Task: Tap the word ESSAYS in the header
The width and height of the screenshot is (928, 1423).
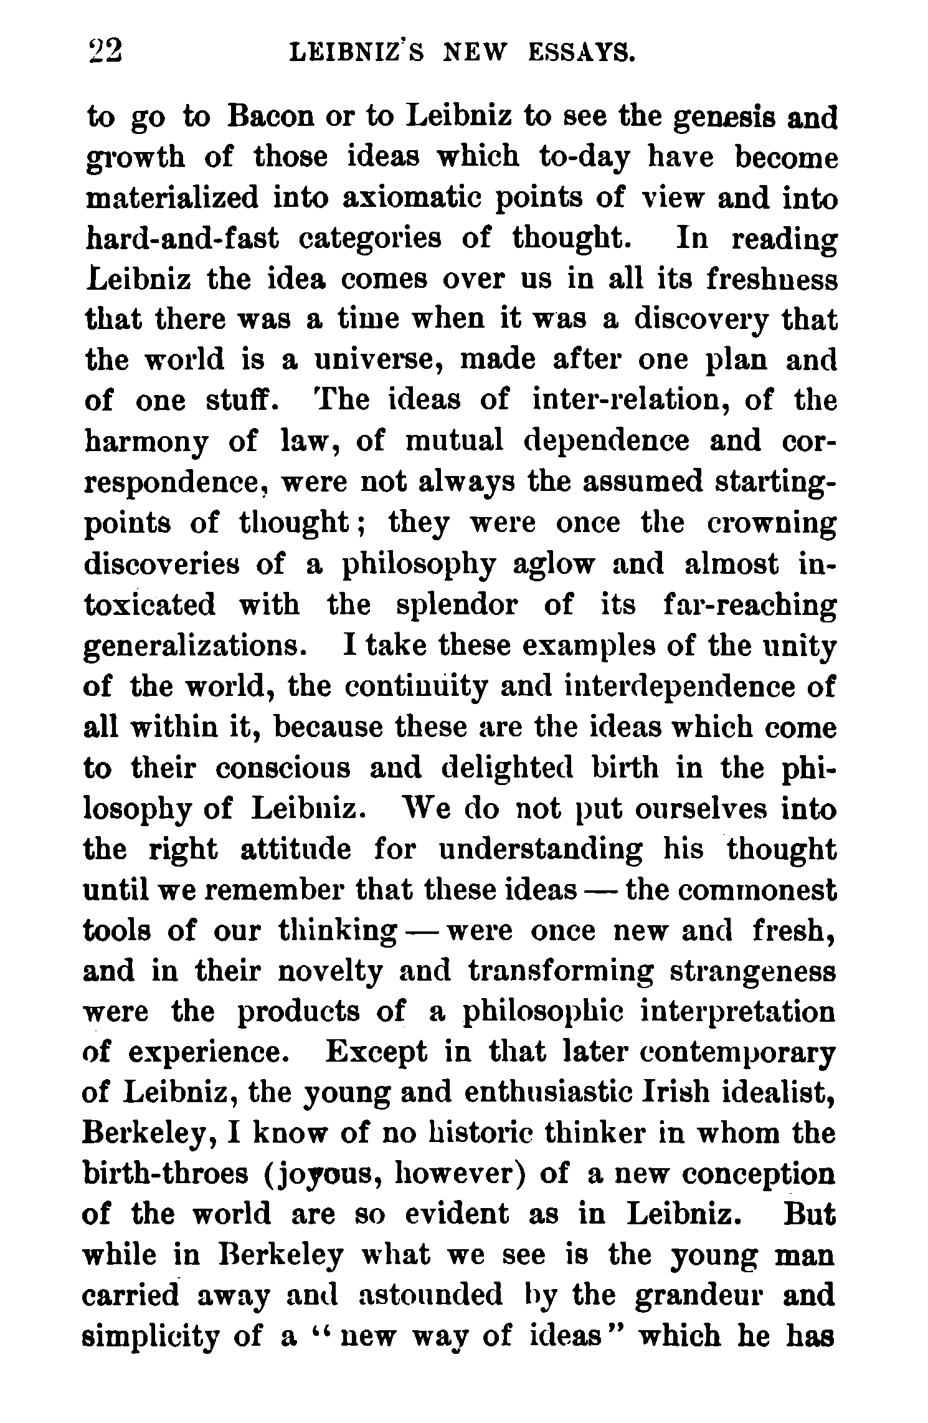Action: click(582, 52)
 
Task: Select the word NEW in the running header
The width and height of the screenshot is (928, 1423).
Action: click(473, 52)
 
